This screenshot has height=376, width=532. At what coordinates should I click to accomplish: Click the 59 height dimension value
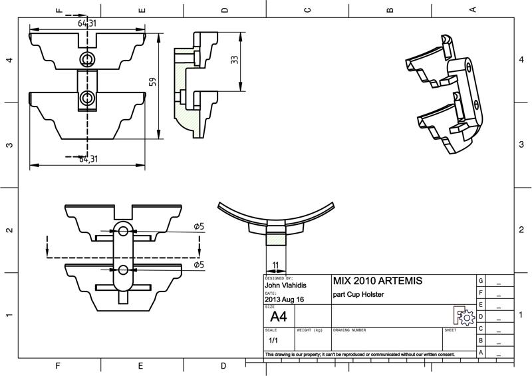[x=152, y=82]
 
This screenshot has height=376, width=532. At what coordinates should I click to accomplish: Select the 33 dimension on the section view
[x=234, y=60]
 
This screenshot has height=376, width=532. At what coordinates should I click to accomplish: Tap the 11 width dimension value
[x=275, y=265]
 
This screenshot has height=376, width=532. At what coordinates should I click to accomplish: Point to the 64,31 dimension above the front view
[x=87, y=23]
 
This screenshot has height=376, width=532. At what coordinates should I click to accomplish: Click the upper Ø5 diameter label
[x=199, y=227]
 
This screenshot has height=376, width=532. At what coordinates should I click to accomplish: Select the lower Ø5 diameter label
[x=199, y=265]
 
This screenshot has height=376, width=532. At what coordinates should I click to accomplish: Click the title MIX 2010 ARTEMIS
[x=376, y=281]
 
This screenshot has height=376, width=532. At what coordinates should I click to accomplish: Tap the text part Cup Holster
[x=358, y=295]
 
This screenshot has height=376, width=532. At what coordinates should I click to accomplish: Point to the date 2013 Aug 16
[x=285, y=300]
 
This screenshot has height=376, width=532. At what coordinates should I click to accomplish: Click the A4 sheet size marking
[x=279, y=316]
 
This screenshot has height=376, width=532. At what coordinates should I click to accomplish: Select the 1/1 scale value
[x=273, y=340]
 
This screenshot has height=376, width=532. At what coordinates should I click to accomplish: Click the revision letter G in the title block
[x=481, y=280]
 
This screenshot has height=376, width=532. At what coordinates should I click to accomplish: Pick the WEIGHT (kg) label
[x=309, y=330]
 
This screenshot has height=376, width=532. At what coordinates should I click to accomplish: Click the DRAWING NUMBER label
[x=349, y=330]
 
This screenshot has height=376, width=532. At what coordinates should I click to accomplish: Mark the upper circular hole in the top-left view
[x=86, y=60]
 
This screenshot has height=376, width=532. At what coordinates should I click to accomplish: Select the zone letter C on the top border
[x=307, y=9]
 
